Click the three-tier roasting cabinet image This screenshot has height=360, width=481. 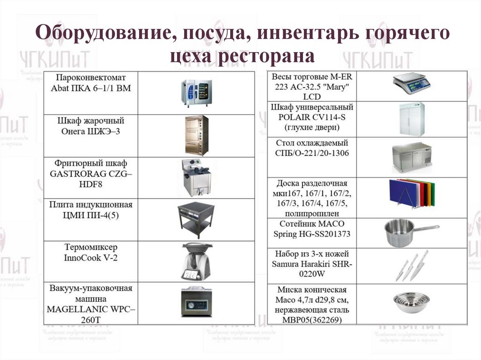tap(196, 135)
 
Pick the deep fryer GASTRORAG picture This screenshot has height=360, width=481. tap(196, 177)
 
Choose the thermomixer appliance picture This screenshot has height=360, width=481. tap(196, 261)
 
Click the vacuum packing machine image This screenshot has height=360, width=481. tap(196, 303)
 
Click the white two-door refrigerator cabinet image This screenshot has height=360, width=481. tap(411, 119)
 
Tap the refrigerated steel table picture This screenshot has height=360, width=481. tap(411, 157)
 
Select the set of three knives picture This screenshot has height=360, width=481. tap(411, 265)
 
